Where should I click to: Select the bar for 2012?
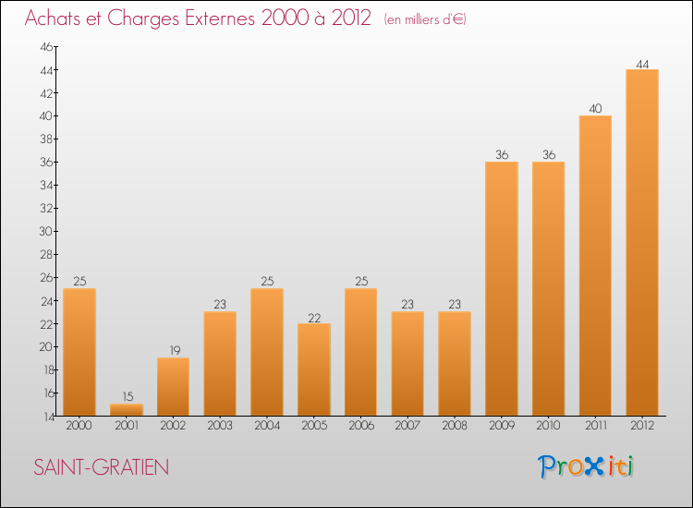pos(642,242)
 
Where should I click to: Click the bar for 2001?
pos(127,409)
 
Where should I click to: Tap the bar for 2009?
pos(502,288)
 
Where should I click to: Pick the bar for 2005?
pos(314,369)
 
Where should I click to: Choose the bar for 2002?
pos(173,386)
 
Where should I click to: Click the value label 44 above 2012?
pos(642,64)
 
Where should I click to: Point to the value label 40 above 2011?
pos(595,109)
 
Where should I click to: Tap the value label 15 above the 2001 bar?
pos(127,397)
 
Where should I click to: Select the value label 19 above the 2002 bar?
pos(173,351)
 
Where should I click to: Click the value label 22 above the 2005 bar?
pos(314,317)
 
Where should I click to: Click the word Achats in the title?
pos(57,18)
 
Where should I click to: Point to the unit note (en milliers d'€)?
pos(425,19)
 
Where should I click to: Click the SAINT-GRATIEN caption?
pos(102,467)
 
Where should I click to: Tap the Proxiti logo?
pos(587,466)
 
